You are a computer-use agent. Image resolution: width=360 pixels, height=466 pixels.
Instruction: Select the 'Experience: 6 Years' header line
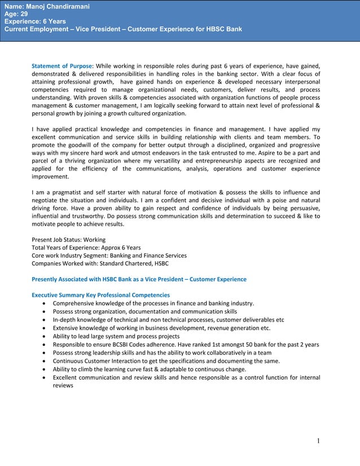[35, 21]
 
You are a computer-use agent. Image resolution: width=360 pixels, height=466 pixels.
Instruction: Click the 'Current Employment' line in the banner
[123, 29]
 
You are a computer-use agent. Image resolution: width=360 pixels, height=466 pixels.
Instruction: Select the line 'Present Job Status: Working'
[69, 240]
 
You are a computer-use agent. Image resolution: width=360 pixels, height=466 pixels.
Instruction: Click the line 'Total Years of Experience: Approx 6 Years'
[86, 248]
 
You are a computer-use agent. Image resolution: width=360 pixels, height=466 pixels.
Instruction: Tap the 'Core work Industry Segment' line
[109, 256]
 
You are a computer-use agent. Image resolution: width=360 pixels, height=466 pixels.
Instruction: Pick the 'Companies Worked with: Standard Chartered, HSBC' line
[100, 263]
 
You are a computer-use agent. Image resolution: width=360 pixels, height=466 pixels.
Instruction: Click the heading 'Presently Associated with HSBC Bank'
[139, 279]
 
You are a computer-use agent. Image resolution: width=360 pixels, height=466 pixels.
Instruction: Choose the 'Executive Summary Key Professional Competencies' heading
[100, 295]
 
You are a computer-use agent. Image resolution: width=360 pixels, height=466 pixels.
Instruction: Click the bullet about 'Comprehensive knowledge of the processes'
[153, 304]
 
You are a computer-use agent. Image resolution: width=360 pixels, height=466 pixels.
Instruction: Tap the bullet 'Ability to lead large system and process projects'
[116, 336]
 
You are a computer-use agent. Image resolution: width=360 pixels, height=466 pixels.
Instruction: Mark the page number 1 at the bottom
[318, 441]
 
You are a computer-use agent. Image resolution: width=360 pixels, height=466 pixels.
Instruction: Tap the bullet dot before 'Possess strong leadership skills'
[44, 353]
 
